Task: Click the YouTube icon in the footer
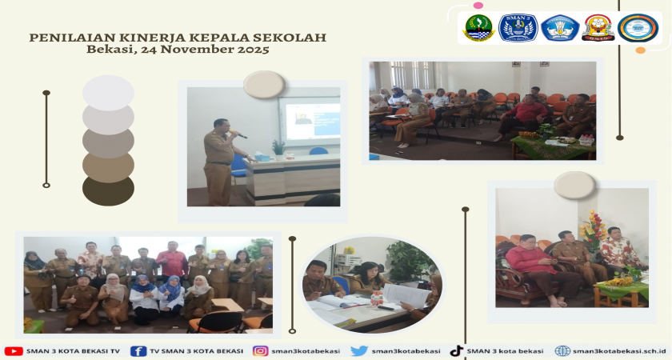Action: (x=14, y=351)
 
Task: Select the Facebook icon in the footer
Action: (x=138, y=351)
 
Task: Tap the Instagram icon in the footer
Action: (x=260, y=351)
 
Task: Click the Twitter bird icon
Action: (x=359, y=351)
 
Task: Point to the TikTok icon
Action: (x=456, y=351)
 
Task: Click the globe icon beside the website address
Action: (x=562, y=351)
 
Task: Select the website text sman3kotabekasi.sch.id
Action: (x=620, y=351)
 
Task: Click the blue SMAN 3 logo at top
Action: (x=518, y=28)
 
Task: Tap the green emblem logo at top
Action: (x=478, y=28)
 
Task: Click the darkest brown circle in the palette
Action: (x=109, y=190)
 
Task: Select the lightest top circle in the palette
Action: (x=109, y=93)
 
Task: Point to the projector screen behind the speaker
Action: (x=310, y=119)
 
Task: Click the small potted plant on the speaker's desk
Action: (x=278, y=148)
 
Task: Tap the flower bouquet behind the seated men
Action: (x=593, y=231)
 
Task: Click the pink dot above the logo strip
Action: (x=478, y=6)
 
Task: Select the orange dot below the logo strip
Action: (x=640, y=50)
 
